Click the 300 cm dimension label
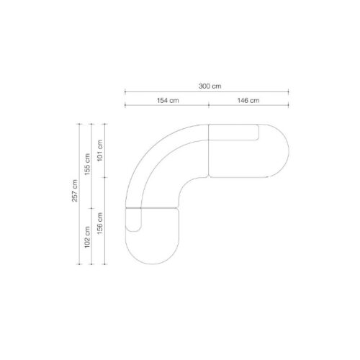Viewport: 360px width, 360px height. tap(210, 86)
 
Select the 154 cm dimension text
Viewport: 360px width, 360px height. tap(168, 100)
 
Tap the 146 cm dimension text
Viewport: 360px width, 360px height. tap(248, 100)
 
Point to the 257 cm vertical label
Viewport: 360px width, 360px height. tap(75, 191)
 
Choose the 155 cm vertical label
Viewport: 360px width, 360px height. tap(87, 164)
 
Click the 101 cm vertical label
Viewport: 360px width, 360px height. tap(100, 150)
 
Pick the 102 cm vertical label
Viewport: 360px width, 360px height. tap(87, 237)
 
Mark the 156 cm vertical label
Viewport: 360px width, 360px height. tap(100, 223)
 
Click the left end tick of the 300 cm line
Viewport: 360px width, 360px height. tap(125, 91)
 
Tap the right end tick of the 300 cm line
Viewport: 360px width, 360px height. tap(289, 91)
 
